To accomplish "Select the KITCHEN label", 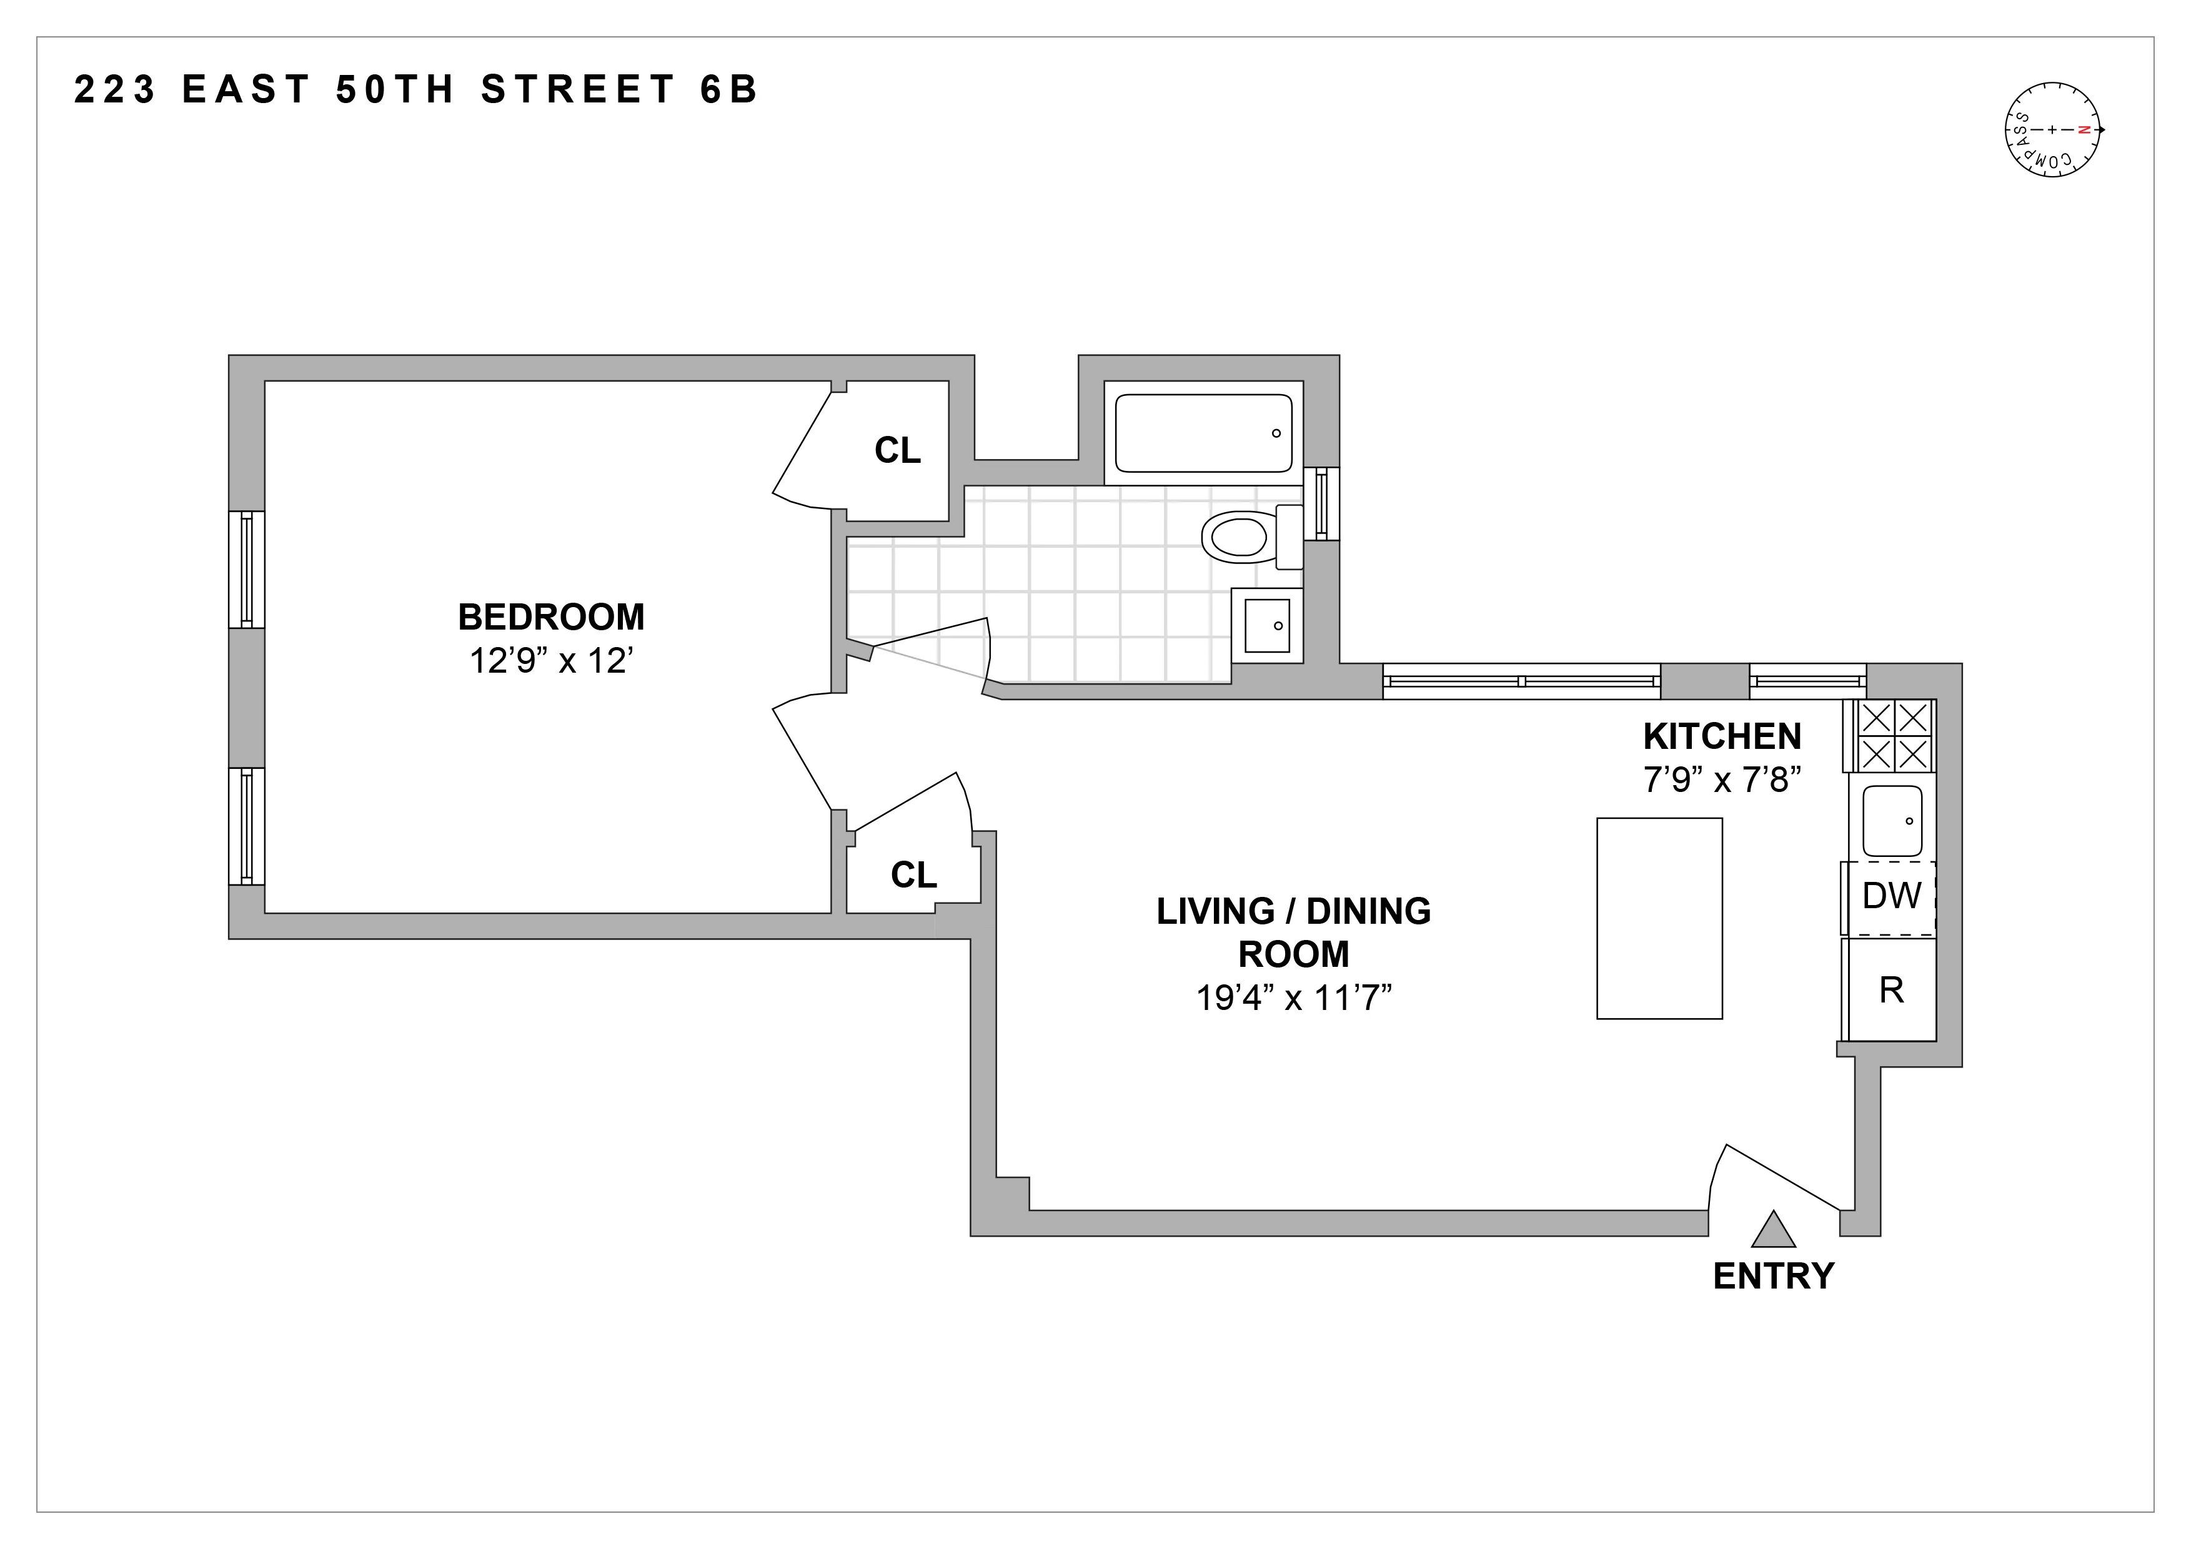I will coord(1722,736).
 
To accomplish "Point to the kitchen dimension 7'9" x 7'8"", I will coord(1722,780).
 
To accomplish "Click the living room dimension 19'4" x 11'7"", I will coord(1293,997).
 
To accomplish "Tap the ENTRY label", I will coord(1773,1276).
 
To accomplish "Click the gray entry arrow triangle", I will coord(1773,1231).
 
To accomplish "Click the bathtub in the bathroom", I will coord(1203,433).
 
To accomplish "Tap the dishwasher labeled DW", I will coord(1891,896).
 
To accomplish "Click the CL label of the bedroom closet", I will coord(897,450).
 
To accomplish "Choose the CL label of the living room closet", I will coord(913,874).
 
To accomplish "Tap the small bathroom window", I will coord(1322,503).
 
